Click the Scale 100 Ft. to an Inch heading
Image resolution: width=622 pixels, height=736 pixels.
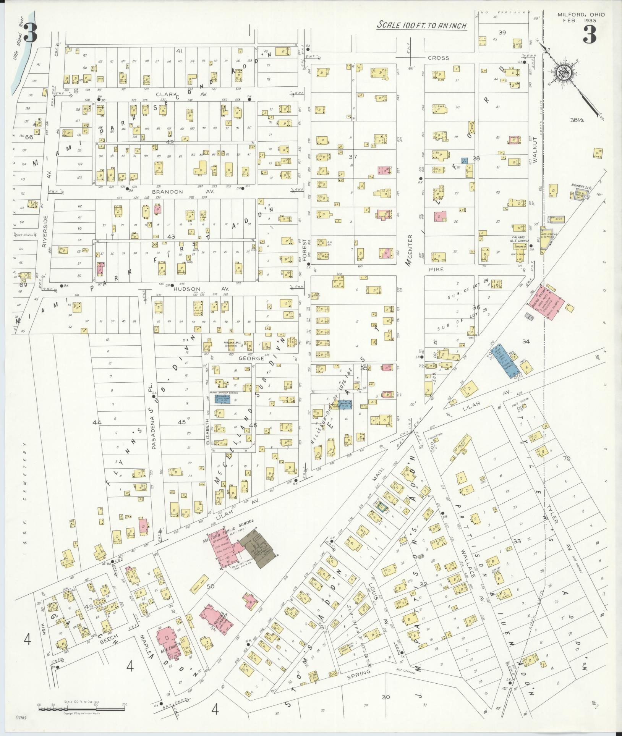pos(421,25)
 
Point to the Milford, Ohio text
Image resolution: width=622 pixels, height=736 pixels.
pos(581,15)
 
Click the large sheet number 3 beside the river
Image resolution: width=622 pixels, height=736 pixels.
pos(30,33)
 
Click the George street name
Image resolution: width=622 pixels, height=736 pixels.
pos(251,358)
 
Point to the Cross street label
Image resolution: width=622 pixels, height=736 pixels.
pos(438,58)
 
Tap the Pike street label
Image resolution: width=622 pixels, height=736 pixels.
pos(436,269)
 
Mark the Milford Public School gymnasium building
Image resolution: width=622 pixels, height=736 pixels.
pos(225,547)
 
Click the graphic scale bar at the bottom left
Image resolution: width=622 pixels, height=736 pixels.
pos(81,709)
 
